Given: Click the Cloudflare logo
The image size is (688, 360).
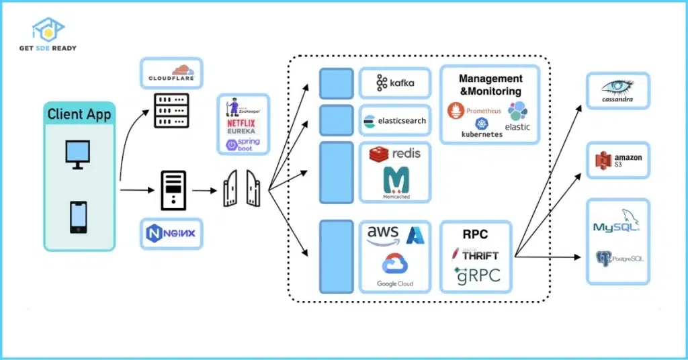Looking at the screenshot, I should (171, 73).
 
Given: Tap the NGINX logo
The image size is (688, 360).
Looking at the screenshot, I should (171, 234).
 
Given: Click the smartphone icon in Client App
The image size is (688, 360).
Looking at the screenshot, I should (78, 217).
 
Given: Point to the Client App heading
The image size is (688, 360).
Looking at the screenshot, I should (79, 114).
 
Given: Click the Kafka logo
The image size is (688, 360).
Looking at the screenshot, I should (395, 83).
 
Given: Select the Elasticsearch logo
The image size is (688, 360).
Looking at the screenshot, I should (395, 121).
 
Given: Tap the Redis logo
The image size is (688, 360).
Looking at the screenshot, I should (395, 154).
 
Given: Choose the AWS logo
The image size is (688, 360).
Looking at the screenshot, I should (383, 234).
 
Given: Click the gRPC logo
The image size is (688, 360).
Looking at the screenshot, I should (476, 275).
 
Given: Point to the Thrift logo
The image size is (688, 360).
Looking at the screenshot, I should (476, 255).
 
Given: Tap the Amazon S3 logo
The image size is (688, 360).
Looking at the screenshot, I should (618, 161).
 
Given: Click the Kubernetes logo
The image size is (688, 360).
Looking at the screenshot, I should (482, 128).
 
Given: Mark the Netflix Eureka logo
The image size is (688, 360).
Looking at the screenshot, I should (241, 127).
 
